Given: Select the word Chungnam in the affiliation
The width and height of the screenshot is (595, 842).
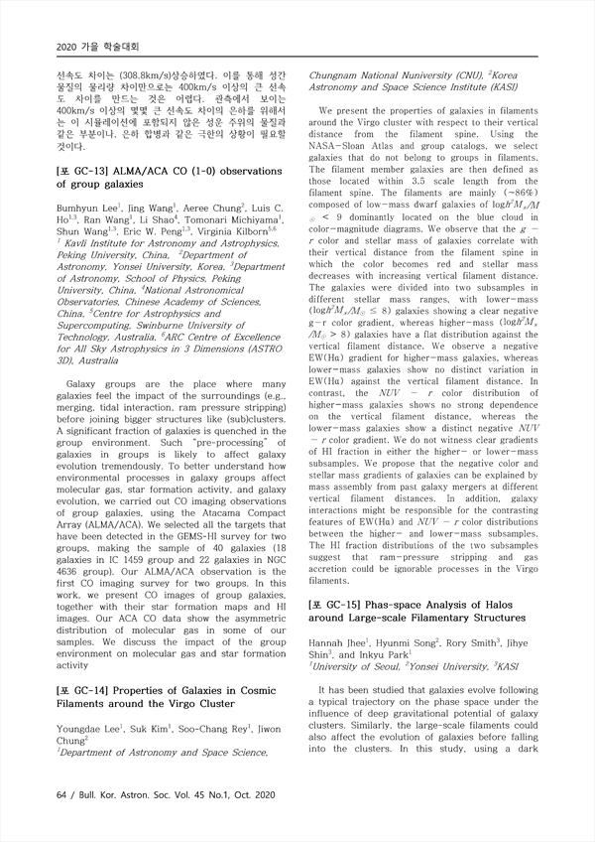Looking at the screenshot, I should (x=340, y=75).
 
